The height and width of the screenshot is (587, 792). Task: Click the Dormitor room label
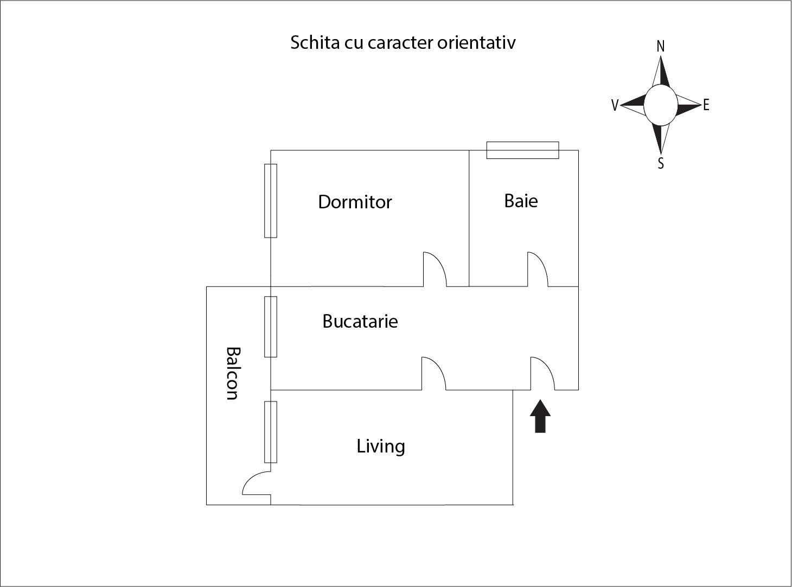pos(355,202)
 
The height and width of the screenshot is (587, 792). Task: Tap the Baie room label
pos(521,201)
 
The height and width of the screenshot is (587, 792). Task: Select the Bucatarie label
pos(360,321)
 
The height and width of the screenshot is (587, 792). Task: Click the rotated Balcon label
pos(233,373)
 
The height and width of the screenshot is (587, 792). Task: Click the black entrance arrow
pos(540,416)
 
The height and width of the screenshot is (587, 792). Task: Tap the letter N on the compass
pos(661,47)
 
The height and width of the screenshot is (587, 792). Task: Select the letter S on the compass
pos(661,163)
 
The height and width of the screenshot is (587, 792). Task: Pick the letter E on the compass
pos(706,105)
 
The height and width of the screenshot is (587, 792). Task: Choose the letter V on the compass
pos(615,105)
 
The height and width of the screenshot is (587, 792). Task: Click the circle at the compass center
pos(661,105)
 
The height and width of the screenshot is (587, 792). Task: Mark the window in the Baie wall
pos(523,150)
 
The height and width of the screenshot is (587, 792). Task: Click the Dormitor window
pos(271,201)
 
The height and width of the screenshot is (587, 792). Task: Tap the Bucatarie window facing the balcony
pos(271,327)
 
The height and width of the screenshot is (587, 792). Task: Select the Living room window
pos(271,432)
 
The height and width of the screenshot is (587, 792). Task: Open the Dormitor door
pos(435,269)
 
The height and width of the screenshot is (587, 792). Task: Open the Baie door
pos(538,269)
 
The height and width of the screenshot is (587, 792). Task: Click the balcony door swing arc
pos(257,483)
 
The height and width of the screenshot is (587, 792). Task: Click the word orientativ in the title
pos(476,42)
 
